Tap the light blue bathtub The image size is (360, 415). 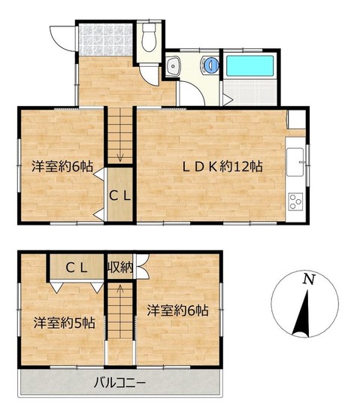pos(250,67)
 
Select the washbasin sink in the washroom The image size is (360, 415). pos(174,66)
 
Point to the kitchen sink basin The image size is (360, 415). pos(295,162)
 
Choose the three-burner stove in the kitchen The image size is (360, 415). pos(295,201)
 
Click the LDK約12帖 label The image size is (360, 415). pos(222,167)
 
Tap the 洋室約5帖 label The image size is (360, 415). pos(65,323)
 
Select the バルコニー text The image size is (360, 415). pos(119,383)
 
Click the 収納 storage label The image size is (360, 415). pos(119,268)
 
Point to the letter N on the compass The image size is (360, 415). pos(309,279)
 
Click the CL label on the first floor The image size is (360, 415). pos(120,196)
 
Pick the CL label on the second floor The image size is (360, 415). pos(76,268)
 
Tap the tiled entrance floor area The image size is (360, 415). pos(105,40)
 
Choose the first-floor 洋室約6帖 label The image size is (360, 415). pos(62,167)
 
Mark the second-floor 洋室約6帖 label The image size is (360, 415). pos(178,310)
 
